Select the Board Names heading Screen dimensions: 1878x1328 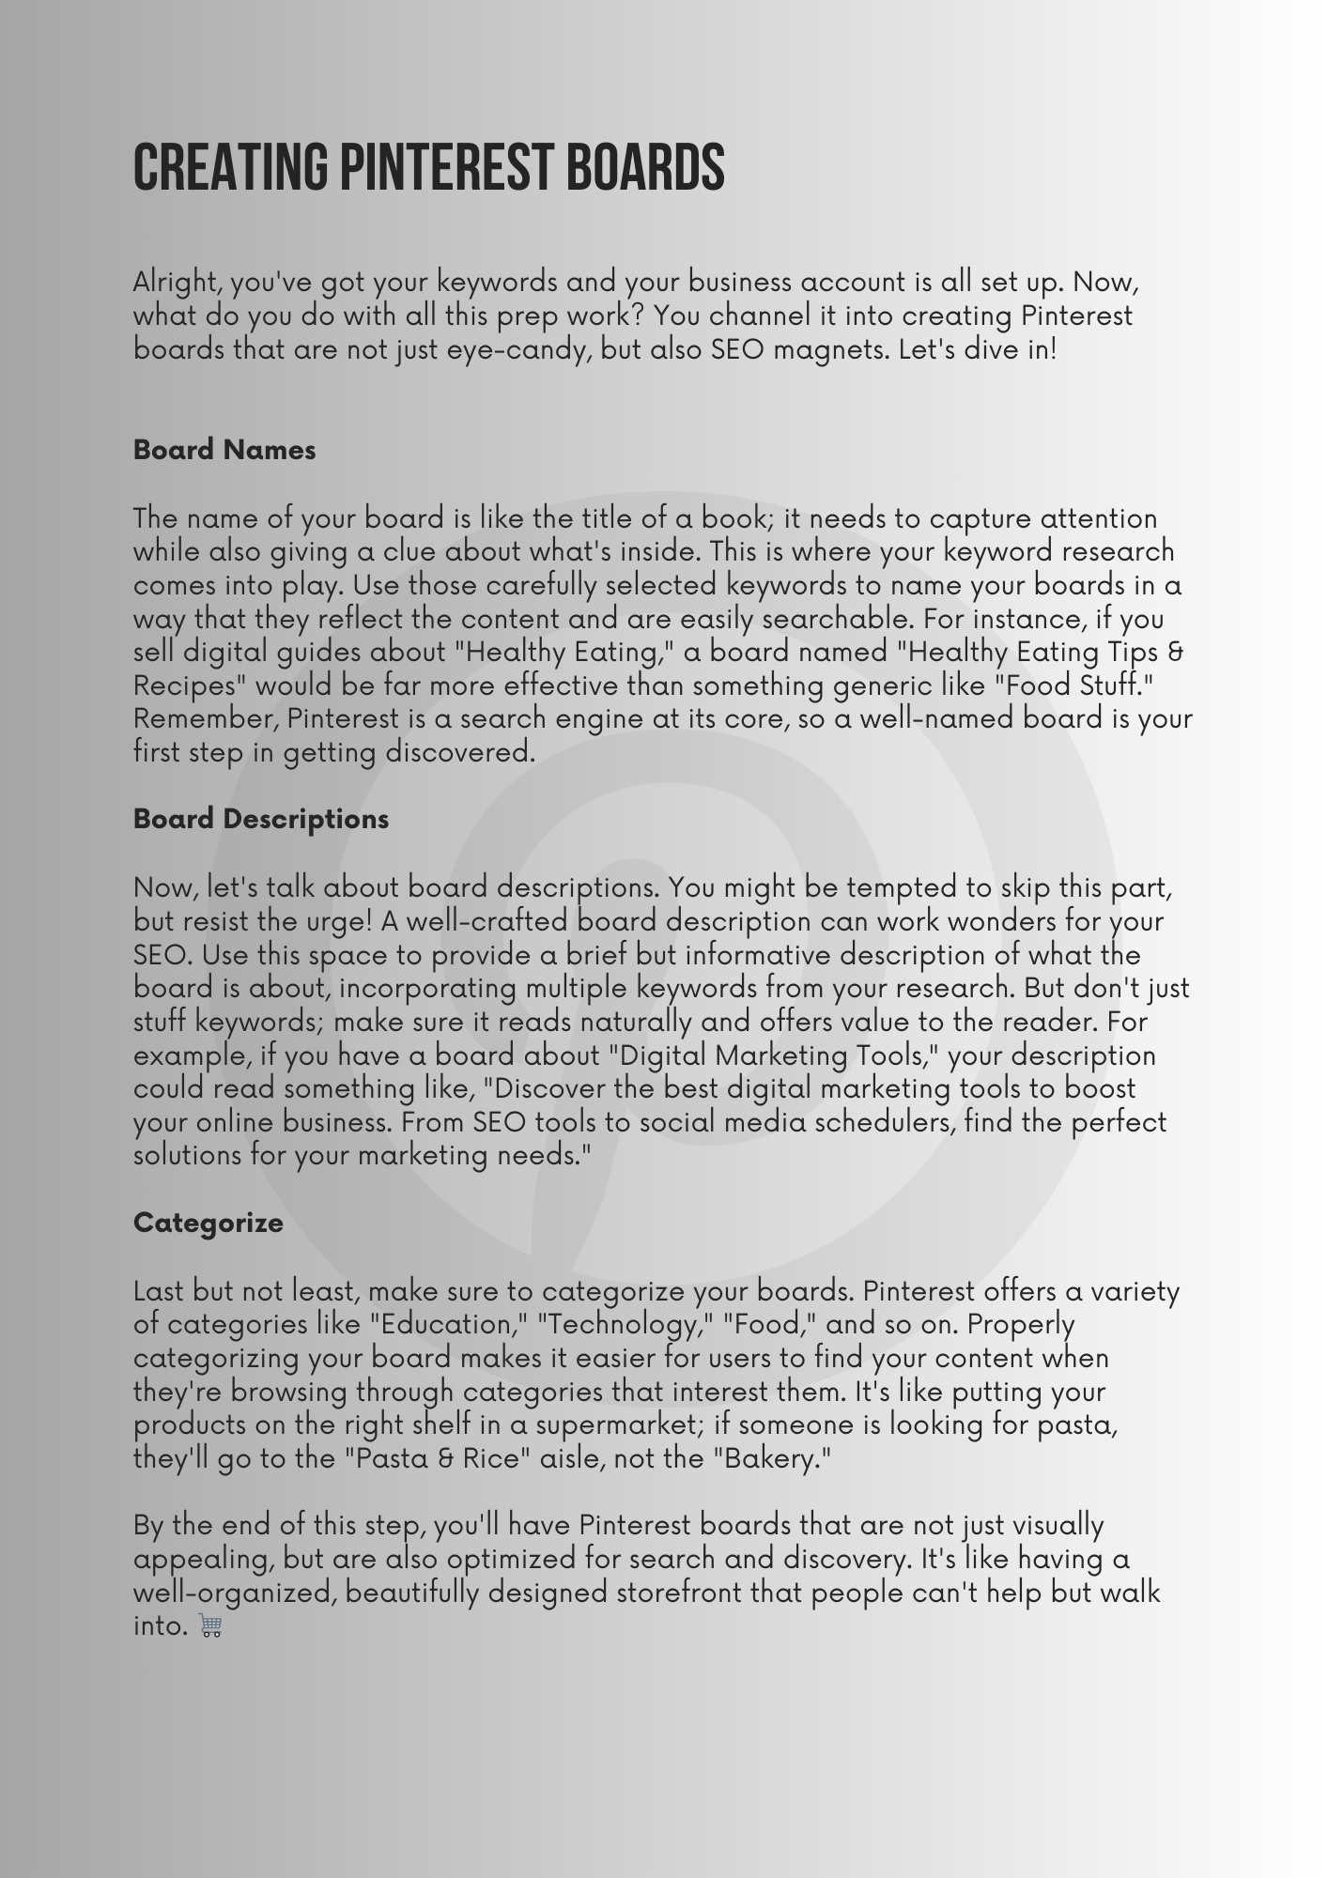click(224, 450)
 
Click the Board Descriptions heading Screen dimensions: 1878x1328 click(261, 819)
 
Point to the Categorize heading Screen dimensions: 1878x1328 click(208, 1223)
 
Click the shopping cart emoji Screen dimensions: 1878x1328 click(210, 1625)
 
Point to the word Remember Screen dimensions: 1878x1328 click(205, 719)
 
